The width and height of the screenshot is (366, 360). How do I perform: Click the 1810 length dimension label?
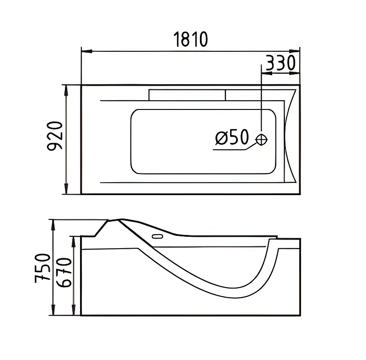(190, 39)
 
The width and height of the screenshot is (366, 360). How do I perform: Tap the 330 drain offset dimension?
(280, 63)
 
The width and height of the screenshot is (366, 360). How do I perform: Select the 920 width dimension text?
(55, 136)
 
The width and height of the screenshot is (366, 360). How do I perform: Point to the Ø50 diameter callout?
(232, 137)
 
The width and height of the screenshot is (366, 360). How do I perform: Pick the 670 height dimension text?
(64, 273)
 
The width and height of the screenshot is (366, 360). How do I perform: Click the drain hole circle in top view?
(261, 140)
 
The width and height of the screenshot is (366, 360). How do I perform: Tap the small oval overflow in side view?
(157, 236)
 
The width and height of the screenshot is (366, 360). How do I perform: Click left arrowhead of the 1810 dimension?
(86, 51)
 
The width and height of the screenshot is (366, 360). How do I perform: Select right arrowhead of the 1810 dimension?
(295, 51)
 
